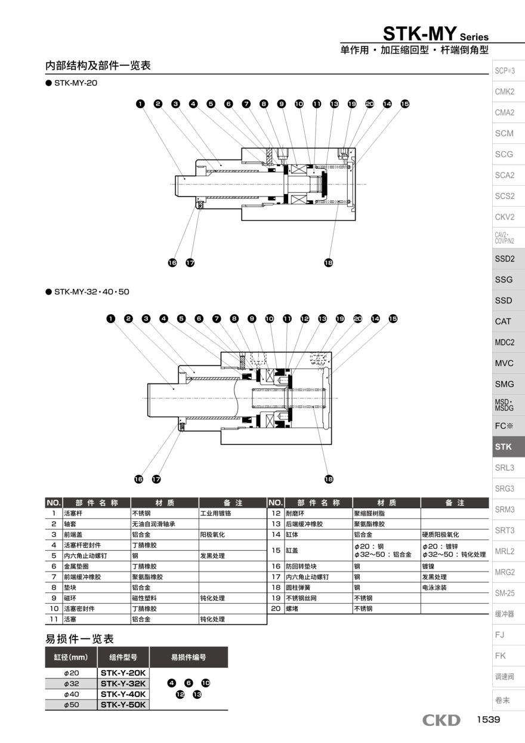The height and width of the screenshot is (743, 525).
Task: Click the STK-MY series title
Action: tap(435, 33)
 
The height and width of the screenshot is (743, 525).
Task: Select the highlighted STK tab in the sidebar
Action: tap(504, 447)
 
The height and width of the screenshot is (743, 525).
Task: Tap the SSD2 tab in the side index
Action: tap(504, 259)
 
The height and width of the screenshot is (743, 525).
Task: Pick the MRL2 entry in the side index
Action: tap(504, 551)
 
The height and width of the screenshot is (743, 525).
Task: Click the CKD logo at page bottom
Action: tap(441, 720)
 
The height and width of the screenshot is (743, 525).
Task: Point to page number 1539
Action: tap(487, 720)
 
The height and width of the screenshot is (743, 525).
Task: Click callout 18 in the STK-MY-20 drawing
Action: tap(328, 262)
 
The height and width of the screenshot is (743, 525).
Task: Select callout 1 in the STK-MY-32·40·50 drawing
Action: tap(111, 319)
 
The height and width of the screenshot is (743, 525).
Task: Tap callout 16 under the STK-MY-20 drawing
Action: tap(172, 262)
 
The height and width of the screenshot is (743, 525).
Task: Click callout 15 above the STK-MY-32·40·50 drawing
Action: tap(393, 319)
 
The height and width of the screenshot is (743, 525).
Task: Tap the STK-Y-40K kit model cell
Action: tap(123, 694)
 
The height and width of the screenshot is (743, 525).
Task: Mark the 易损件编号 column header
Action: tap(189, 657)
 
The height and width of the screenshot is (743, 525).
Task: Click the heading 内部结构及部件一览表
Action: tap(98, 66)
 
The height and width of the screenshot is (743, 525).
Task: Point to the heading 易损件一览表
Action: tap(79, 638)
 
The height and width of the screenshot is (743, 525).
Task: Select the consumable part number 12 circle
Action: tap(180, 694)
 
